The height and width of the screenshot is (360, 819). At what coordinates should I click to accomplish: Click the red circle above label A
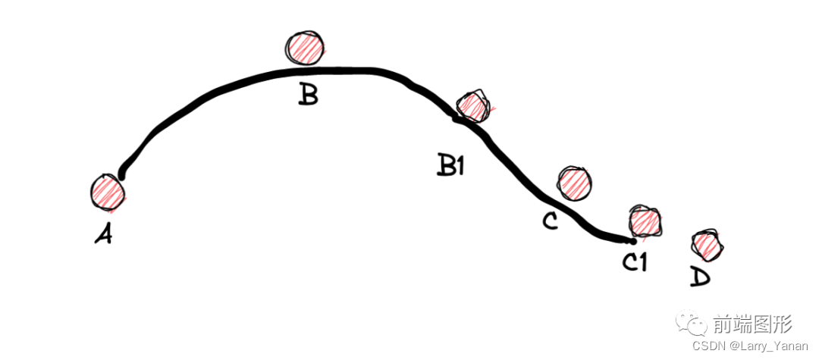point(108,191)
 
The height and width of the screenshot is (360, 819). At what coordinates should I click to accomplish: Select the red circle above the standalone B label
point(305,47)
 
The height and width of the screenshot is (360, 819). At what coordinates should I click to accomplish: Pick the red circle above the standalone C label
point(575,183)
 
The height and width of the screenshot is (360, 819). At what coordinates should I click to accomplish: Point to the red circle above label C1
point(645,221)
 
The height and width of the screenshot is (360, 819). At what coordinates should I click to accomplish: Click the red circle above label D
point(708,244)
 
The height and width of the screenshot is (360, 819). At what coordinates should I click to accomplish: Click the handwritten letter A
point(104,235)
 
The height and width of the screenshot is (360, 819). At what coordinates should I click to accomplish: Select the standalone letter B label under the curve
point(308,95)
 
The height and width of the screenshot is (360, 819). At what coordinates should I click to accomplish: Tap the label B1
point(450,165)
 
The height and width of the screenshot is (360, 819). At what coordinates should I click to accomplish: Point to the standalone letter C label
point(550,221)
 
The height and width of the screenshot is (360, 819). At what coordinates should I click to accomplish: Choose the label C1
point(634,262)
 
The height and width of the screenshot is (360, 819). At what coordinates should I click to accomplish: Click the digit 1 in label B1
point(460,165)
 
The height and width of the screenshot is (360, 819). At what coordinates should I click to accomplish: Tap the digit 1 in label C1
point(642,262)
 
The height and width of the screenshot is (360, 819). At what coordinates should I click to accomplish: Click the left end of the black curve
point(121,177)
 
